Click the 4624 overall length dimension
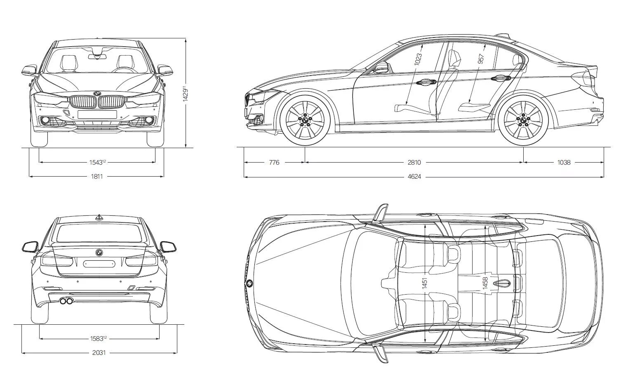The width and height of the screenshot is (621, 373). coord(414,177)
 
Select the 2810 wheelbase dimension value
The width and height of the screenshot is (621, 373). coord(414,163)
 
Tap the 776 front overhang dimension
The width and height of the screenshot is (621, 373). coord(274,163)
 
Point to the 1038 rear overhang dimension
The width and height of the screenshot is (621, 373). coord(564,163)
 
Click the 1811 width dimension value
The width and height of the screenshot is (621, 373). coord(96,177)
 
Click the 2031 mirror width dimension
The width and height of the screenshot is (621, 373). coord(99,353)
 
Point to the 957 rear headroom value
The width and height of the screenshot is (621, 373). coord(481,59)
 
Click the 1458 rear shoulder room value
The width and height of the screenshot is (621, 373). coord(485,283)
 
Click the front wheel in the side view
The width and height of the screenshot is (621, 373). coord(305,120)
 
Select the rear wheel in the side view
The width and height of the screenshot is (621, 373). coord(524,120)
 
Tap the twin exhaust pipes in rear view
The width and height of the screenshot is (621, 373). coord(66,301)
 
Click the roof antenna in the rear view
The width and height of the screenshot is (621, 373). coord(99,217)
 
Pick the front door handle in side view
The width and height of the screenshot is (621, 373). coord(424,83)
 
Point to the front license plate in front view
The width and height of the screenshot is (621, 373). coord(97,114)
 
